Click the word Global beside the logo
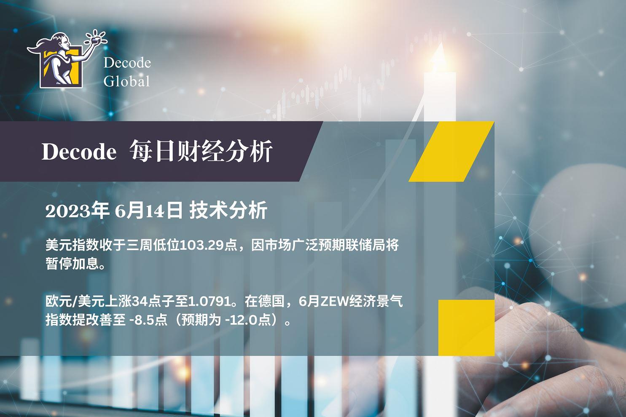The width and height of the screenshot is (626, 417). [x=127, y=81]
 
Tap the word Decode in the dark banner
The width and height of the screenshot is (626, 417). [x=79, y=152]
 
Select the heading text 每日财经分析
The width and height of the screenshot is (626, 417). [x=201, y=151]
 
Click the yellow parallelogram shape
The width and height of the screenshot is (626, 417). [x=451, y=151]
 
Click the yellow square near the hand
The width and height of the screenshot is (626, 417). [x=466, y=328]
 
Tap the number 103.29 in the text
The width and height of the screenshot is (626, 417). [x=202, y=246]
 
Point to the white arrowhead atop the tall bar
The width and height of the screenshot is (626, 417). [x=440, y=57]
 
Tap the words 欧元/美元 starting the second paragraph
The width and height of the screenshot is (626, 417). [x=75, y=302]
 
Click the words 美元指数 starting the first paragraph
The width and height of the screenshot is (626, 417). [x=72, y=246]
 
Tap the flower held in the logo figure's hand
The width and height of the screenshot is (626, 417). [x=96, y=38]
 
